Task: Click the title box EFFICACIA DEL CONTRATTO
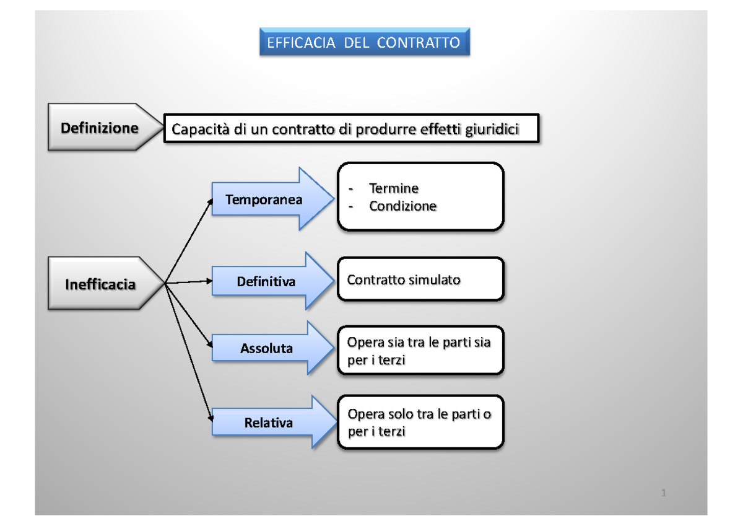[x=364, y=43]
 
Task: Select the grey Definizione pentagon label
[x=99, y=128]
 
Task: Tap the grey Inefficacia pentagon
[x=100, y=284]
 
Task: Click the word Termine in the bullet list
[x=394, y=188]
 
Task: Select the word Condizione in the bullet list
[x=402, y=206]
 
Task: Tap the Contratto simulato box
[x=420, y=280]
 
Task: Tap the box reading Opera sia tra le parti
[x=420, y=351]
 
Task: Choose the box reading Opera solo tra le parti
[x=420, y=423]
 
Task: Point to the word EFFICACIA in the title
[x=301, y=43]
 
